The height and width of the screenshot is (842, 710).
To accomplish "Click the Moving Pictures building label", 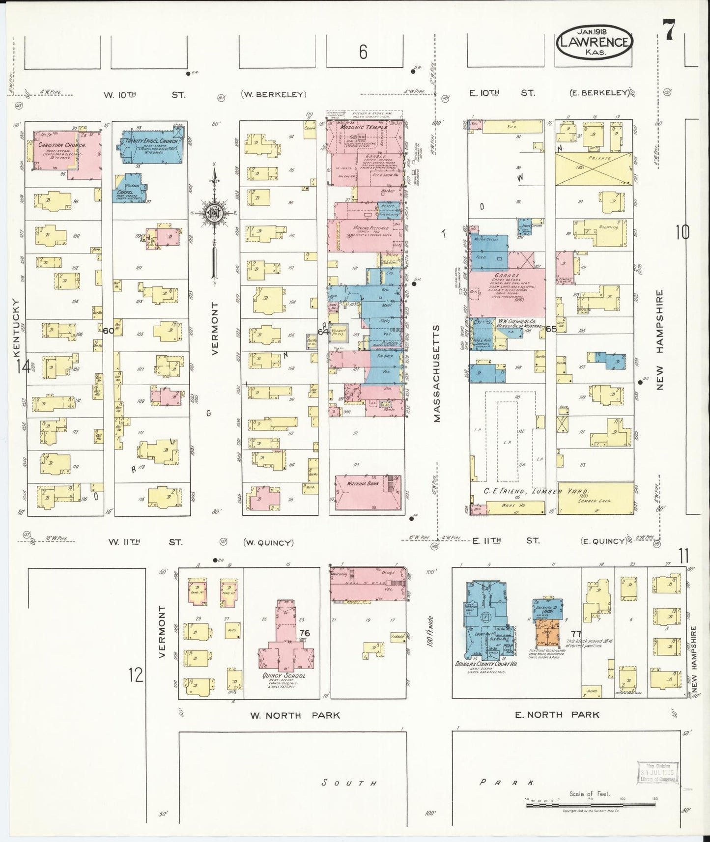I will pyautogui.click(x=371, y=228).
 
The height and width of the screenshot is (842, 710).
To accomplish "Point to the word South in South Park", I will pyautogui.click(x=349, y=783).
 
